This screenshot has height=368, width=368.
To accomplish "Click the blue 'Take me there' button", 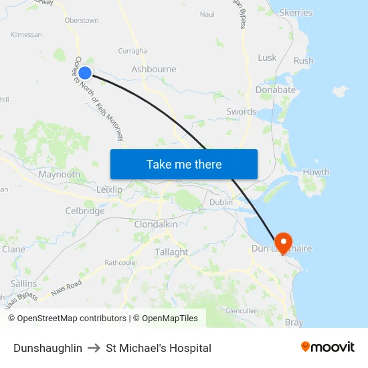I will pos(184,164).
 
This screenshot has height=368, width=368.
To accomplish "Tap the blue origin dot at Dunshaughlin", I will pos(85,73).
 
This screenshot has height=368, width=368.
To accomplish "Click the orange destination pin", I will pos(282,242).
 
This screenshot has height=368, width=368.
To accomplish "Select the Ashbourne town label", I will pos(154,69).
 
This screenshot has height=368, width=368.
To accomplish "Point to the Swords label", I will pos(241,112).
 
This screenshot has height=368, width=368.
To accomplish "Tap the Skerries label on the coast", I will pos(296,13).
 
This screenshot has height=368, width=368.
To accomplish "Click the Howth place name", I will pos(316,172).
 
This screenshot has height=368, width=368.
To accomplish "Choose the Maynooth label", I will pos(60,175).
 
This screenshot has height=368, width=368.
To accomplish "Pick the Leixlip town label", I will pos(109,190).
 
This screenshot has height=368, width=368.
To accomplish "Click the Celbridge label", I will pos(85,211).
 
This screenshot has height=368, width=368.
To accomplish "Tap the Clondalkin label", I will pos(156,224).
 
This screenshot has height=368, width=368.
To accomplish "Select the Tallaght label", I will pos(171,252).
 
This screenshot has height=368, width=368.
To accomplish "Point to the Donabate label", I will pos(276,90).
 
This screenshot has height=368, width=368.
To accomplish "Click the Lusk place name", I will pos(267,58).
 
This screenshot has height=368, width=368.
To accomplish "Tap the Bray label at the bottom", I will pos(294,323).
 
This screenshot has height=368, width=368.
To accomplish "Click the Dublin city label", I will pos(221,202).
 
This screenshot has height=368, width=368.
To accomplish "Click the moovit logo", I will pos(328,347).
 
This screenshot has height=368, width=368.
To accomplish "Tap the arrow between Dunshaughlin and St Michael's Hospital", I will pos(94,348).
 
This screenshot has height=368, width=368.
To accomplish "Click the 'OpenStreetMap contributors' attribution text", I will pos(72,318).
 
